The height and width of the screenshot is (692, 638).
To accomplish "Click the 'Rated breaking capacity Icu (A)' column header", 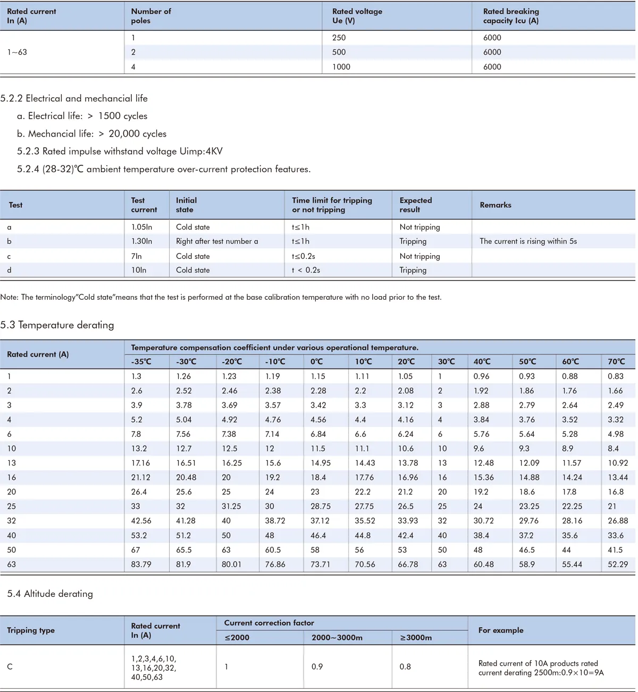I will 510,16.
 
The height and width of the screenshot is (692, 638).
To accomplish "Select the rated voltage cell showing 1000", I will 341,66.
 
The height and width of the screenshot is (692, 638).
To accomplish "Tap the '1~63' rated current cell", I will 17,52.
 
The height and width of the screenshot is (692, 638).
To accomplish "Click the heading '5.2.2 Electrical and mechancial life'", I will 74,98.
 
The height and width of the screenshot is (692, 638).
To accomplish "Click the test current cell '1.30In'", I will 141,241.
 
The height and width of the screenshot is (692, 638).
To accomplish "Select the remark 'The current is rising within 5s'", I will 528,241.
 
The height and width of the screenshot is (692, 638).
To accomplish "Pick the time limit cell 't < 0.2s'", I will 306,270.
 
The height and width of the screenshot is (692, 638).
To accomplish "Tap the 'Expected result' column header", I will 416,205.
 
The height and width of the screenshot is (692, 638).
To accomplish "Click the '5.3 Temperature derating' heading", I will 57,325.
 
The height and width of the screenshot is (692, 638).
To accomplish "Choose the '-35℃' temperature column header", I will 141,361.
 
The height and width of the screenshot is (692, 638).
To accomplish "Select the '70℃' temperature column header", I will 616,361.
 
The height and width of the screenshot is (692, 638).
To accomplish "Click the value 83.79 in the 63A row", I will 141,564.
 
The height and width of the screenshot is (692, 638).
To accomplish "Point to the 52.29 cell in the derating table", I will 618,564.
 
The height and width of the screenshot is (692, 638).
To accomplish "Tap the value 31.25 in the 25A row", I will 231,506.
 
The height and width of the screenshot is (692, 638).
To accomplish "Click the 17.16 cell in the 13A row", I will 141,463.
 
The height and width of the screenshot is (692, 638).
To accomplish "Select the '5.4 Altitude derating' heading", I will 50,594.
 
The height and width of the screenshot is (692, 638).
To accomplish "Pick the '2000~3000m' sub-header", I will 337,637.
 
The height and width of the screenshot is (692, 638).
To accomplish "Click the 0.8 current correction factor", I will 405,666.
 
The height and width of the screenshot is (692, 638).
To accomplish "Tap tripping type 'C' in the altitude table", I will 10,666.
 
